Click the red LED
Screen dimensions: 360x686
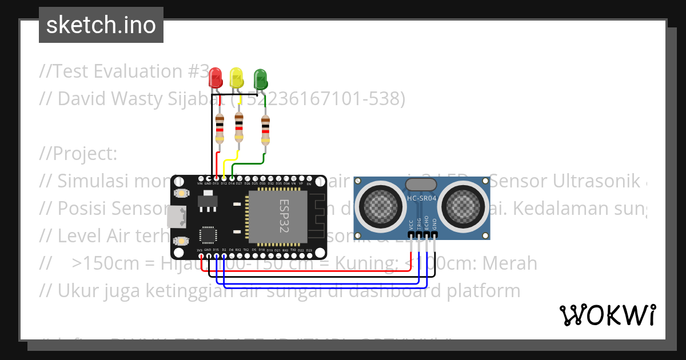coord(216,77)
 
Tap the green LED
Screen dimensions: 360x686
coord(260,78)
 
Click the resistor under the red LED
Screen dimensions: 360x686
coord(220,129)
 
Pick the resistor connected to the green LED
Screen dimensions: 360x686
coord(265,130)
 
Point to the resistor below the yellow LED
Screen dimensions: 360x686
coord(239,128)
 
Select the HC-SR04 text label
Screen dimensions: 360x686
coord(421,198)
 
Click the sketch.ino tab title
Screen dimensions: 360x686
coord(101,25)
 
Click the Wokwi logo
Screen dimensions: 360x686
coord(607,315)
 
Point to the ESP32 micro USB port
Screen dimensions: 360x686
coord(174,217)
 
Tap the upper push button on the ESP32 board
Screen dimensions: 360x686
coord(181,194)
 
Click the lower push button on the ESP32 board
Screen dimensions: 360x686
coord(181,241)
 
